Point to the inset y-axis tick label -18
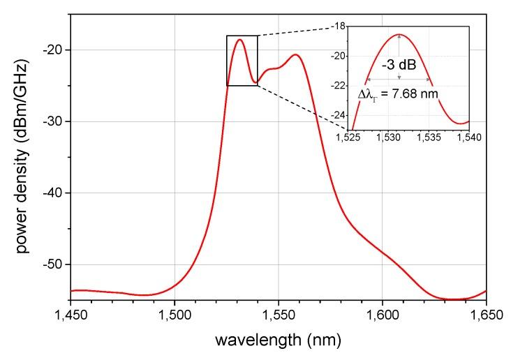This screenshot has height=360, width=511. pyautogui.click(x=337, y=26)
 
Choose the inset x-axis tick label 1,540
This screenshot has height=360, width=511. pyautogui.click(x=468, y=138)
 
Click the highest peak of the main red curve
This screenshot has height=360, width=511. pyautogui.click(x=239, y=40)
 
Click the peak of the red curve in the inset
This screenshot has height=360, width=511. pyautogui.click(x=399, y=34)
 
